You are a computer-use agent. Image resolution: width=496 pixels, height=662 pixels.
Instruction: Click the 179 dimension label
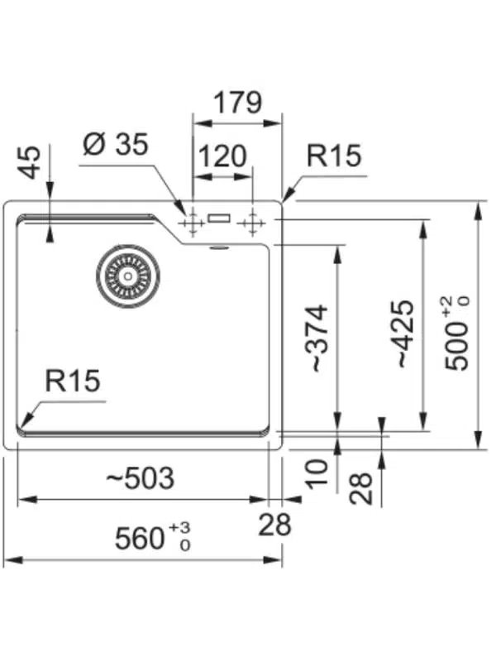pos(237,103)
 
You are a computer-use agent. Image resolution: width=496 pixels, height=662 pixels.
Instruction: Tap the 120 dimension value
pos(222,156)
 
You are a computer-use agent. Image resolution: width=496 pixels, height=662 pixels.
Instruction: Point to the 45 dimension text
pos(30,161)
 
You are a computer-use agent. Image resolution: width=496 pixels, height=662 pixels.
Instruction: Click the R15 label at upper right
pos(334,156)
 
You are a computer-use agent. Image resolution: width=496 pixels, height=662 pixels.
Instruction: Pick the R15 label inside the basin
pos(73,381)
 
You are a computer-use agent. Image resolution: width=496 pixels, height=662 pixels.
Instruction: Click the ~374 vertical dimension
pos(318,339)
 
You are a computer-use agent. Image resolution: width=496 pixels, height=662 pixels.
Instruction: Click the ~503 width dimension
pos(141,478)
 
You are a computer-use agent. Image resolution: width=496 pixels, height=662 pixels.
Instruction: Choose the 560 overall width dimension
pos(141,540)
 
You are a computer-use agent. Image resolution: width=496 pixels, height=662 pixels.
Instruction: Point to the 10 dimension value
pos(317,473)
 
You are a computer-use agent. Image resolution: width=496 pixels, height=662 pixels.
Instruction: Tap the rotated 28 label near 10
pos(361,487)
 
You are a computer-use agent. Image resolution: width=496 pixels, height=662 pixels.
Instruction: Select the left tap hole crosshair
pos(192,223)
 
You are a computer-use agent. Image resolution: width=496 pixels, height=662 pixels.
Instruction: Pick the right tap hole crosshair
pos(251,223)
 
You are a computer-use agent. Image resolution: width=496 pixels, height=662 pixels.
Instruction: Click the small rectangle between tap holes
pos(221,218)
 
